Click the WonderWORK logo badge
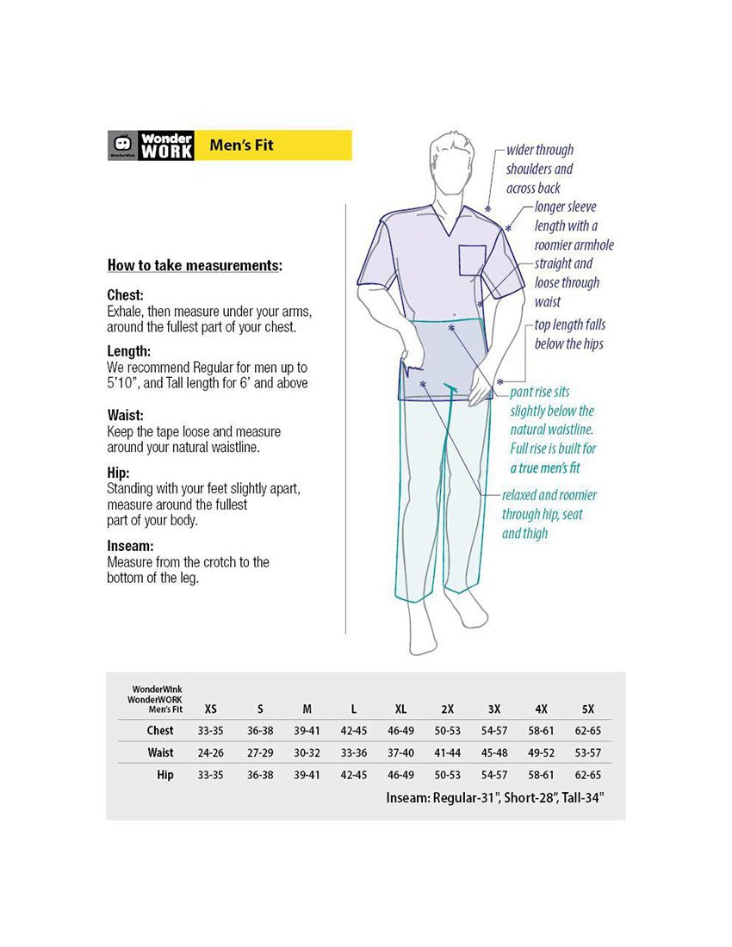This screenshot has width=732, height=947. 151,145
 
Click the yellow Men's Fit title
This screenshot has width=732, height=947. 241,145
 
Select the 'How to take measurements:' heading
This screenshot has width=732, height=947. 195,266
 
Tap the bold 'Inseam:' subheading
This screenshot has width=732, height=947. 130,546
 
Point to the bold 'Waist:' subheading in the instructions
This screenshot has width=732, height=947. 126,414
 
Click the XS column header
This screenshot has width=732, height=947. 210,709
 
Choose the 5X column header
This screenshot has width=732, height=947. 588,709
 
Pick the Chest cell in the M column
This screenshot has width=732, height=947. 307,731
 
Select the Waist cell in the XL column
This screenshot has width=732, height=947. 400,752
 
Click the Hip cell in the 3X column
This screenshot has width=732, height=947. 494,775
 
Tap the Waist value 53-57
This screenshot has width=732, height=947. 588,752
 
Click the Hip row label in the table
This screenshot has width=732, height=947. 165,775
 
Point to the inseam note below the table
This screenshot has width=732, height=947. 495,798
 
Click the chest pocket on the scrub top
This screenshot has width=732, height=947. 472,260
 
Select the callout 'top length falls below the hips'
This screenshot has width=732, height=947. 569,334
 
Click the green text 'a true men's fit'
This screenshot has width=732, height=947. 545,467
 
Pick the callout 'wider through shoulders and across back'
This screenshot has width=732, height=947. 540,169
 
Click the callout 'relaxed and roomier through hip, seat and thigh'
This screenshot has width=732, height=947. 549,514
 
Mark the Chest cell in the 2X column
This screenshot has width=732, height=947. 447,731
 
